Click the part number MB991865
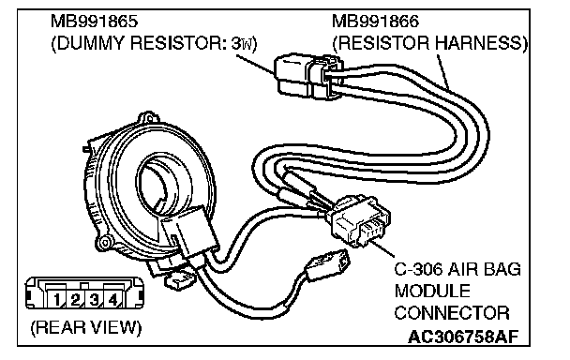coord(95,22)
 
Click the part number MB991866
coord(376,22)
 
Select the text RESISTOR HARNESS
coord(429,43)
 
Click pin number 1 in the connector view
coord(56,300)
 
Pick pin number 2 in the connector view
coord(75,300)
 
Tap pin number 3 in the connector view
coord(94,300)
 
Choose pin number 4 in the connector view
coord(113,300)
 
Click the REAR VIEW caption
coord(86,327)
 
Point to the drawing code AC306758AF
coord(463,337)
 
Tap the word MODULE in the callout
coord(432,292)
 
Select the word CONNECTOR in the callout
coord(452,313)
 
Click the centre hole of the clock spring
coord(157,187)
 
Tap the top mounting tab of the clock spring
coord(148,118)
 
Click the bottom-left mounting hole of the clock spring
coord(105,243)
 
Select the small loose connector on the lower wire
coord(326,264)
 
